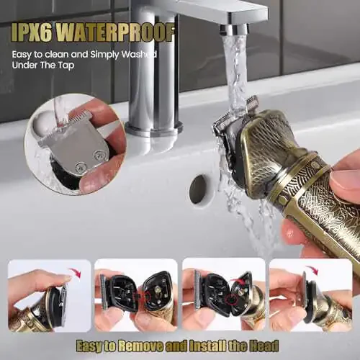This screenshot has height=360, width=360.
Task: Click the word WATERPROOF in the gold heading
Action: (x=117, y=33)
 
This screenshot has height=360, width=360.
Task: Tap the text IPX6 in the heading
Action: (x=31, y=33)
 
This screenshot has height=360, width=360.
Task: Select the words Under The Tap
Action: (x=43, y=66)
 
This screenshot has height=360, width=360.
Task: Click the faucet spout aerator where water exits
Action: (x=233, y=30)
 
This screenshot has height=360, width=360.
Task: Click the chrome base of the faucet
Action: (x=153, y=130)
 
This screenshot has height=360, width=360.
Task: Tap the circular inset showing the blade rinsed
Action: (x=75, y=144)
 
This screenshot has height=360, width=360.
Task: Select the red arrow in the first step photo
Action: (x=75, y=273)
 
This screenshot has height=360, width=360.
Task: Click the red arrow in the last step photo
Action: (x=311, y=271)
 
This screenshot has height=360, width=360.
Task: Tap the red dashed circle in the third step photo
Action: (x=232, y=300)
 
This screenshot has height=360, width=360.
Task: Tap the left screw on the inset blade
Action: (x=79, y=166)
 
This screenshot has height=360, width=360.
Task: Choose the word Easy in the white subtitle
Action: (x=22, y=55)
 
